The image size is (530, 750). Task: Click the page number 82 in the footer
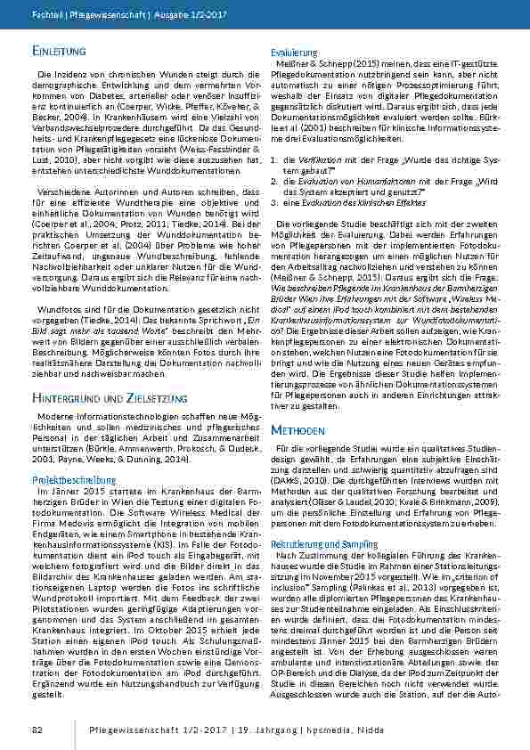tap(37, 730)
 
